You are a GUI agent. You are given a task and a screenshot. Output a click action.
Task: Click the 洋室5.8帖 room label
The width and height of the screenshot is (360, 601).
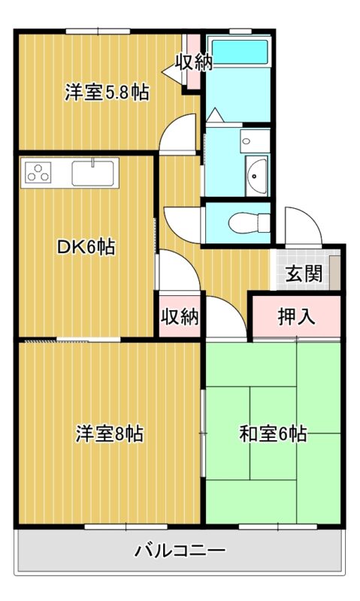click(x=107, y=92)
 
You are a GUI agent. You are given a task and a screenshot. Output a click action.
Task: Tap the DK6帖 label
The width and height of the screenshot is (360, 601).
click(x=86, y=246)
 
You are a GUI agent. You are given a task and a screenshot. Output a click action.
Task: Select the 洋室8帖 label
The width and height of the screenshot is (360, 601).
click(x=109, y=433)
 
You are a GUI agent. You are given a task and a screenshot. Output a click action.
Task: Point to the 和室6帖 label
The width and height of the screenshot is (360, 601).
click(x=273, y=433)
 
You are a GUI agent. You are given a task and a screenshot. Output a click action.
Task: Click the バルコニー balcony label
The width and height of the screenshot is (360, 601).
click(x=180, y=551)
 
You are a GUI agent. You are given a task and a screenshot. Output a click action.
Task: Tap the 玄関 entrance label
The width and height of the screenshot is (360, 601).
click(x=304, y=273)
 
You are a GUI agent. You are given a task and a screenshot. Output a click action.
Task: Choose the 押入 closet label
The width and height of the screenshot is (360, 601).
click(x=296, y=316)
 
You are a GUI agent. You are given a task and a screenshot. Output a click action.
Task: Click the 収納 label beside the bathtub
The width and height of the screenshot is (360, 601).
click(x=194, y=62)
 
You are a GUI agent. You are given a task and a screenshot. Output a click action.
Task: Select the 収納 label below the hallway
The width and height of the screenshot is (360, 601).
click(x=180, y=316)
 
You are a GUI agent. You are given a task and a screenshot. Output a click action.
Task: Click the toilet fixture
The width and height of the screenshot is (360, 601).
click(x=250, y=222)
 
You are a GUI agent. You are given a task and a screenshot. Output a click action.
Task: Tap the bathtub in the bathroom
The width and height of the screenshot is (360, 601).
click(x=240, y=52)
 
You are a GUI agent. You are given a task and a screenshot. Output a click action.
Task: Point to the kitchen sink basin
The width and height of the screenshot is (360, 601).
click(x=93, y=174)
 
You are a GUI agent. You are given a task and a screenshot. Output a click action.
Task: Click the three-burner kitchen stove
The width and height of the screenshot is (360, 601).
click(x=38, y=173)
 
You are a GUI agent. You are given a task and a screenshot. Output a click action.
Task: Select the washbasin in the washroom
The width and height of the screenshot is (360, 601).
click(x=256, y=176)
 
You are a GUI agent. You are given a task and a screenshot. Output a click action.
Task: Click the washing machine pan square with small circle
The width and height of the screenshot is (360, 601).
click(x=256, y=140)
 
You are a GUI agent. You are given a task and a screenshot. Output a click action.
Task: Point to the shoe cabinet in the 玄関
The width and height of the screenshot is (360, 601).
click(x=334, y=273)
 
